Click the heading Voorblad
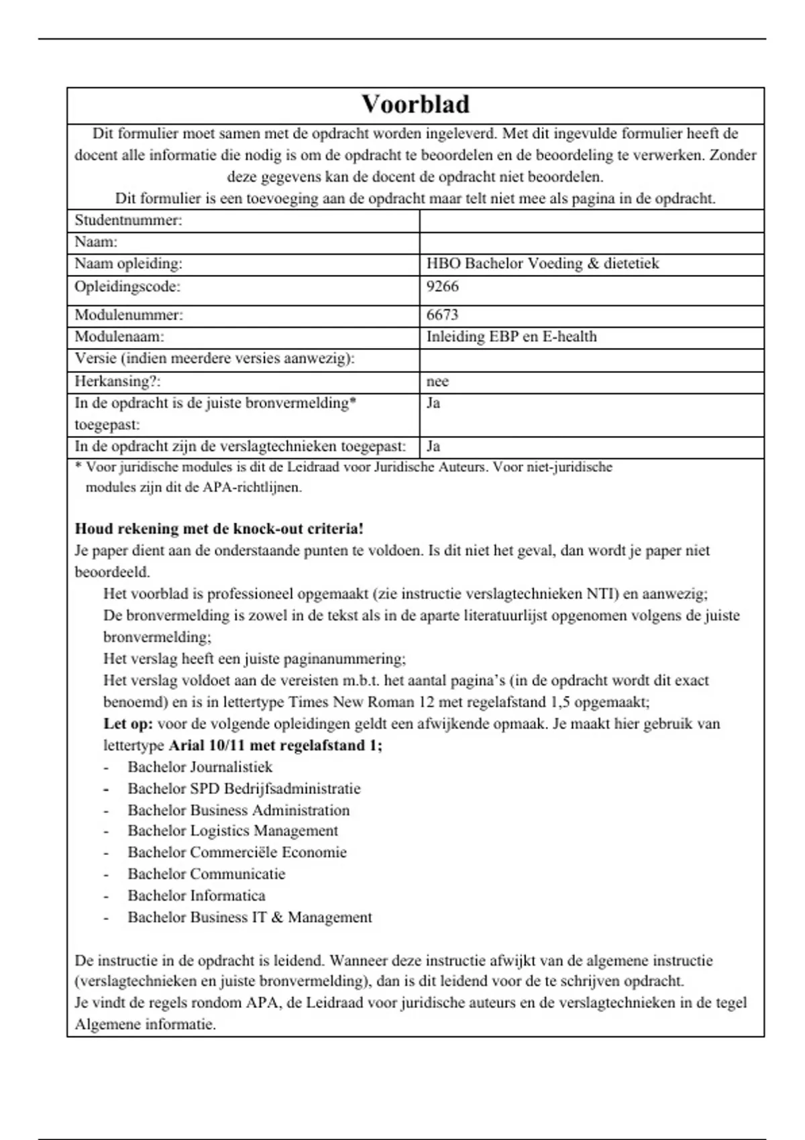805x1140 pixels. click(415, 104)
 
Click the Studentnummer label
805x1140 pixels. click(128, 221)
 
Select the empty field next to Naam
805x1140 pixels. click(590, 243)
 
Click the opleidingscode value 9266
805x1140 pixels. click(442, 286)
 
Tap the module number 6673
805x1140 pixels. click(442, 315)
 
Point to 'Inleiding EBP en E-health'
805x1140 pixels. click(511, 337)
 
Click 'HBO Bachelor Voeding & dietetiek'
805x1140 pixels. click(542, 264)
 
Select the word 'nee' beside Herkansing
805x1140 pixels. click(437, 382)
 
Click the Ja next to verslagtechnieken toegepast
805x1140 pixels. click(433, 447)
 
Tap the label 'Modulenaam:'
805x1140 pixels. click(119, 337)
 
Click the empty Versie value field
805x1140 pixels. click(590, 359)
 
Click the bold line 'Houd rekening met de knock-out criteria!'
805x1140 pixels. click(219, 528)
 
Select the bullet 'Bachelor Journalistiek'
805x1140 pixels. click(200, 766)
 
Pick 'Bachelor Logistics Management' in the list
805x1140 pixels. click(233, 831)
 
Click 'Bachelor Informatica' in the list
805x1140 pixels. click(197, 896)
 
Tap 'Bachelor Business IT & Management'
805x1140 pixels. click(250, 917)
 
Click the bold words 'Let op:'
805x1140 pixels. click(128, 724)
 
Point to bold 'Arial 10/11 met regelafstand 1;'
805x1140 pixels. click(275, 745)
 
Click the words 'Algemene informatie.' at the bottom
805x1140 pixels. click(145, 1025)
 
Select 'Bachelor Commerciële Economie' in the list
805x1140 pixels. click(237, 852)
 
